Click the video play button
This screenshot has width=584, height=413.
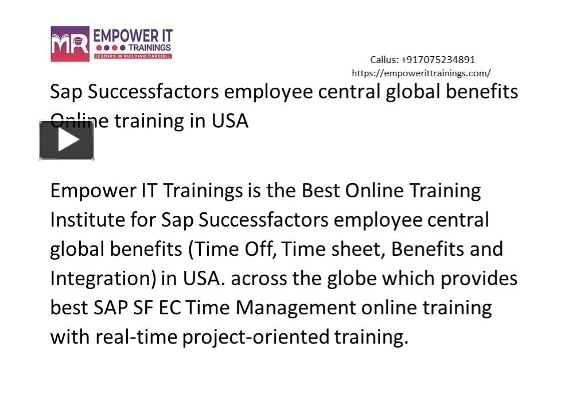pyautogui.click(x=67, y=140)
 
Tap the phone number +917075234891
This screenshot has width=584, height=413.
pyautogui.click(x=438, y=60)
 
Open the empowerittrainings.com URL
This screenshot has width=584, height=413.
pyautogui.click(x=421, y=73)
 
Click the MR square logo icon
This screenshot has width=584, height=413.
pyautogui.click(x=70, y=44)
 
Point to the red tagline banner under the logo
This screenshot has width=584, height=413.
pyautogui.click(x=133, y=56)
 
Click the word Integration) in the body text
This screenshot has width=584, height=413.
pyautogui.click(x=103, y=278)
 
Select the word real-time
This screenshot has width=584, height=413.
pyautogui.click(x=137, y=337)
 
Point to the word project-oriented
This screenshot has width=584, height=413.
pyautogui.click(x=256, y=337)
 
